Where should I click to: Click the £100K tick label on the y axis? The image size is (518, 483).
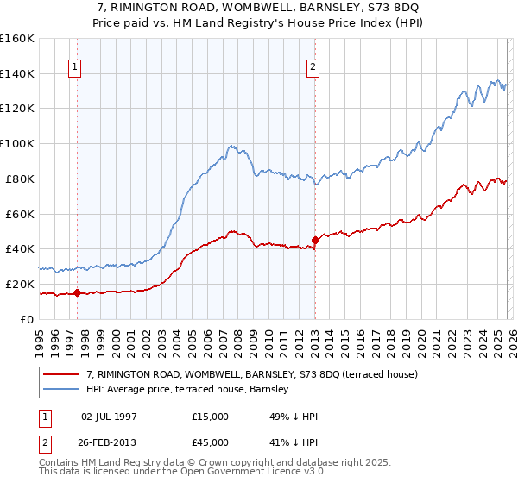17,143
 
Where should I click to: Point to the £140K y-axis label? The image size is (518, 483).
17,73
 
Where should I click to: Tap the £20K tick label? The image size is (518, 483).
20,284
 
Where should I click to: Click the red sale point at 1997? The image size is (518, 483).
77,292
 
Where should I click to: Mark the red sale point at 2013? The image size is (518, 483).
315,240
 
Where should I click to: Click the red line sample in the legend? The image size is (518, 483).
62,374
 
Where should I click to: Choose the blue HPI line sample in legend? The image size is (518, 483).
62,389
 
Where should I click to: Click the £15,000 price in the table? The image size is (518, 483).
210,417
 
